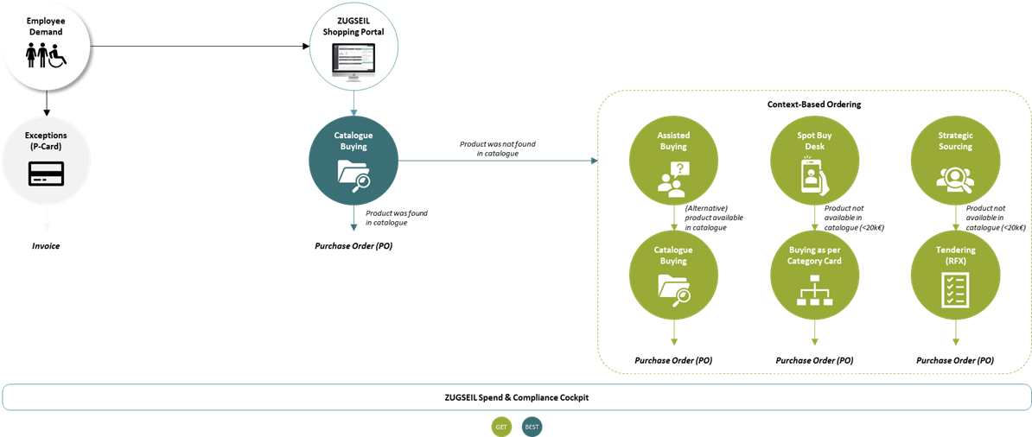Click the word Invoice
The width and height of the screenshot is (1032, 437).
coord(46,246)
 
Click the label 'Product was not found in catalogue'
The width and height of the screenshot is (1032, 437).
coord(497,149)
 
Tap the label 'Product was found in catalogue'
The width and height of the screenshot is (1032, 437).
coord(396,218)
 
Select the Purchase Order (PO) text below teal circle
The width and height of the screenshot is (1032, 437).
coord(353,246)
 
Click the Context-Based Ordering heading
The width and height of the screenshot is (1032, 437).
coord(814,104)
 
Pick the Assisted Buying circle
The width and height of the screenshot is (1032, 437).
coord(673,161)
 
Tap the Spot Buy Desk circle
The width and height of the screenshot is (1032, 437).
coord(814,161)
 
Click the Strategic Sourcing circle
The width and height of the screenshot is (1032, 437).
coord(955,161)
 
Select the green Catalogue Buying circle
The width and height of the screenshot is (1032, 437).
coord(673,275)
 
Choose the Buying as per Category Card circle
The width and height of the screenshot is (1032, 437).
coord(814,275)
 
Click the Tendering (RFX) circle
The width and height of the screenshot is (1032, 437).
coord(955,275)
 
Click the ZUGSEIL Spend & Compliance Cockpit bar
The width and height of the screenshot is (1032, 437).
coord(516,397)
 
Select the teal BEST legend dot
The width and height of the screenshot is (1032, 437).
coord(532,427)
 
